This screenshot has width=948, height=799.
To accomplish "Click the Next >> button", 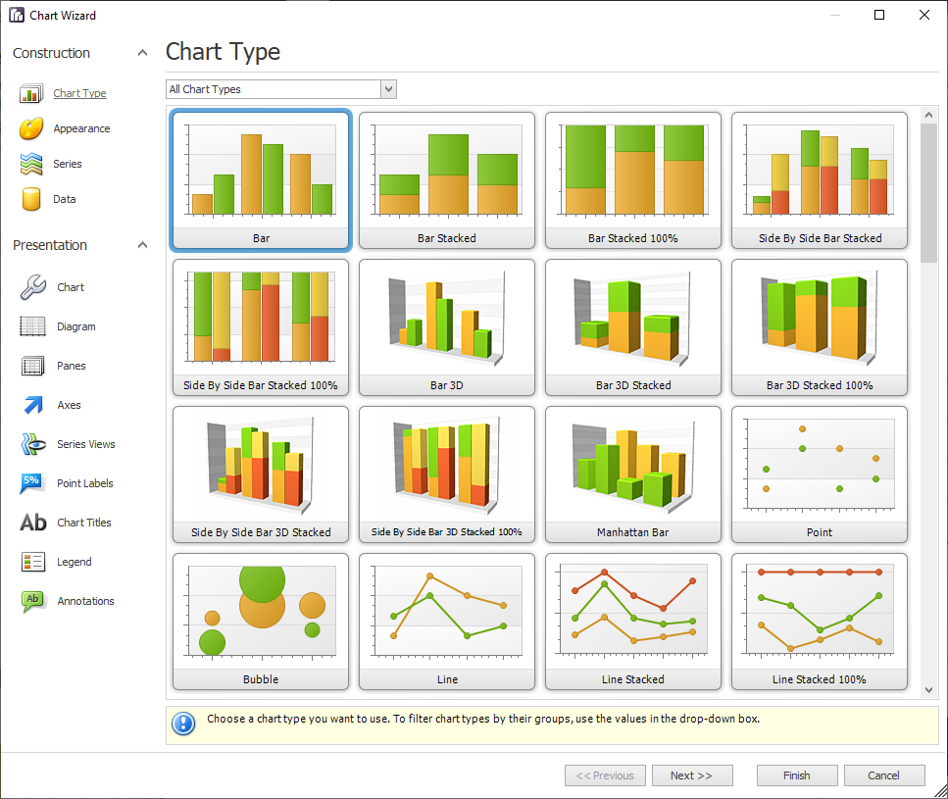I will pyautogui.click(x=691, y=775).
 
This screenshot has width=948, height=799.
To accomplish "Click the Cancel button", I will pyautogui.click(x=884, y=775).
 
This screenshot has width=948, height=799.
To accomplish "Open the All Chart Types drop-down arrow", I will pyautogui.click(x=388, y=89).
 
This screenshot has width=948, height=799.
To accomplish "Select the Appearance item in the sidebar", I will pyautogui.click(x=81, y=128).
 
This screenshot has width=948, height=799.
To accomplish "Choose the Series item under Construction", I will pyautogui.click(x=68, y=164).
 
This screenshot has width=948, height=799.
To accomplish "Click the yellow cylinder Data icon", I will pyautogui.click(x=32, y=199).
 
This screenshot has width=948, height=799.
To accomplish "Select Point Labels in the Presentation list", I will pyautogui.click(x=84, y=483).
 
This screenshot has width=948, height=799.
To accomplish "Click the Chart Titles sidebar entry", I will pyautogui.click(x=83, y=523).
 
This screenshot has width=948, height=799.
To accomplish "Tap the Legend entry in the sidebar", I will pyautogui.click(x=74, y=562).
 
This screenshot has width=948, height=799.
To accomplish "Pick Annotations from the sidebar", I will pyautogui.click(x=85, y=601).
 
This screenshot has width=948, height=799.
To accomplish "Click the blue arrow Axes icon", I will pyautogui.click(x=33, y=405).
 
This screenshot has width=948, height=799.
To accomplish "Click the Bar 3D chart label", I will pyautogui.click(x=447, y=385).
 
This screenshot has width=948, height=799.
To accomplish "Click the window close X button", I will pyautogui.click(x=923, y=15).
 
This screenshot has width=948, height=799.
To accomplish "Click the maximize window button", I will pyautogui.click(x=879, y=15).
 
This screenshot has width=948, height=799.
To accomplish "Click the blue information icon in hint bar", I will pyautogui.click(x=183, y=724).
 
